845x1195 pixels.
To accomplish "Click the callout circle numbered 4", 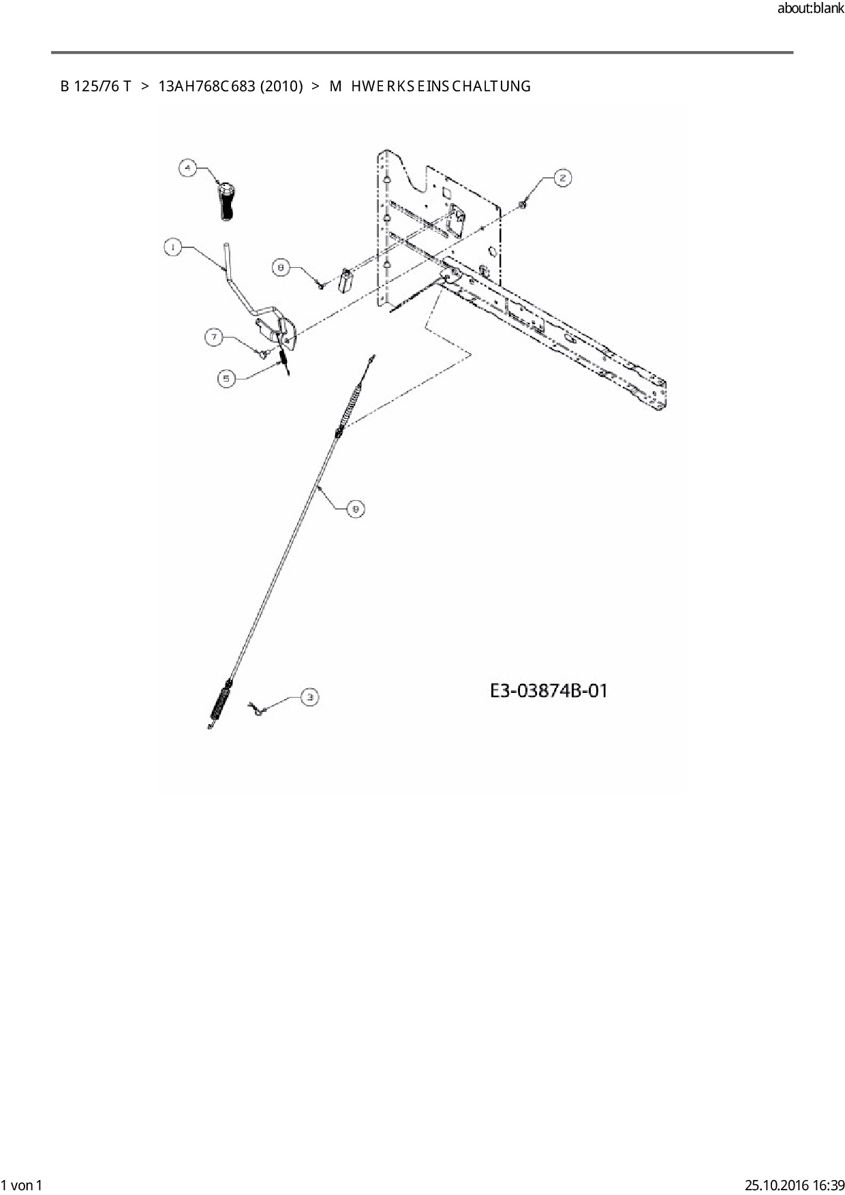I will coord(188,168).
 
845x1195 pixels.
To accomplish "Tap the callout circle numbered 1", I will coord(173,248).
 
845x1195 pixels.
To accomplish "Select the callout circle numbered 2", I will coord(562,178).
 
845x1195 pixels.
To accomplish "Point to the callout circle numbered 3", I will coord(310,696).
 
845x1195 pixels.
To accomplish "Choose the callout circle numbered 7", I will coord(215,337).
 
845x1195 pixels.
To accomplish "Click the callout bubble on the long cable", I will coord(355,508).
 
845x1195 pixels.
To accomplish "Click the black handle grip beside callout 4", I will coord(226,200).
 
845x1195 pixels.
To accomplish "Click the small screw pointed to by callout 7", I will coord(262,352).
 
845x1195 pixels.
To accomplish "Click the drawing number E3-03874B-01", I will coord(549,691).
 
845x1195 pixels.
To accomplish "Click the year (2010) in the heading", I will coord(281,87).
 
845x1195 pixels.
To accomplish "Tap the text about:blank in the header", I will coord(810,10).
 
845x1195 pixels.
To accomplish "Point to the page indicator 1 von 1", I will coord(22,1185).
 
